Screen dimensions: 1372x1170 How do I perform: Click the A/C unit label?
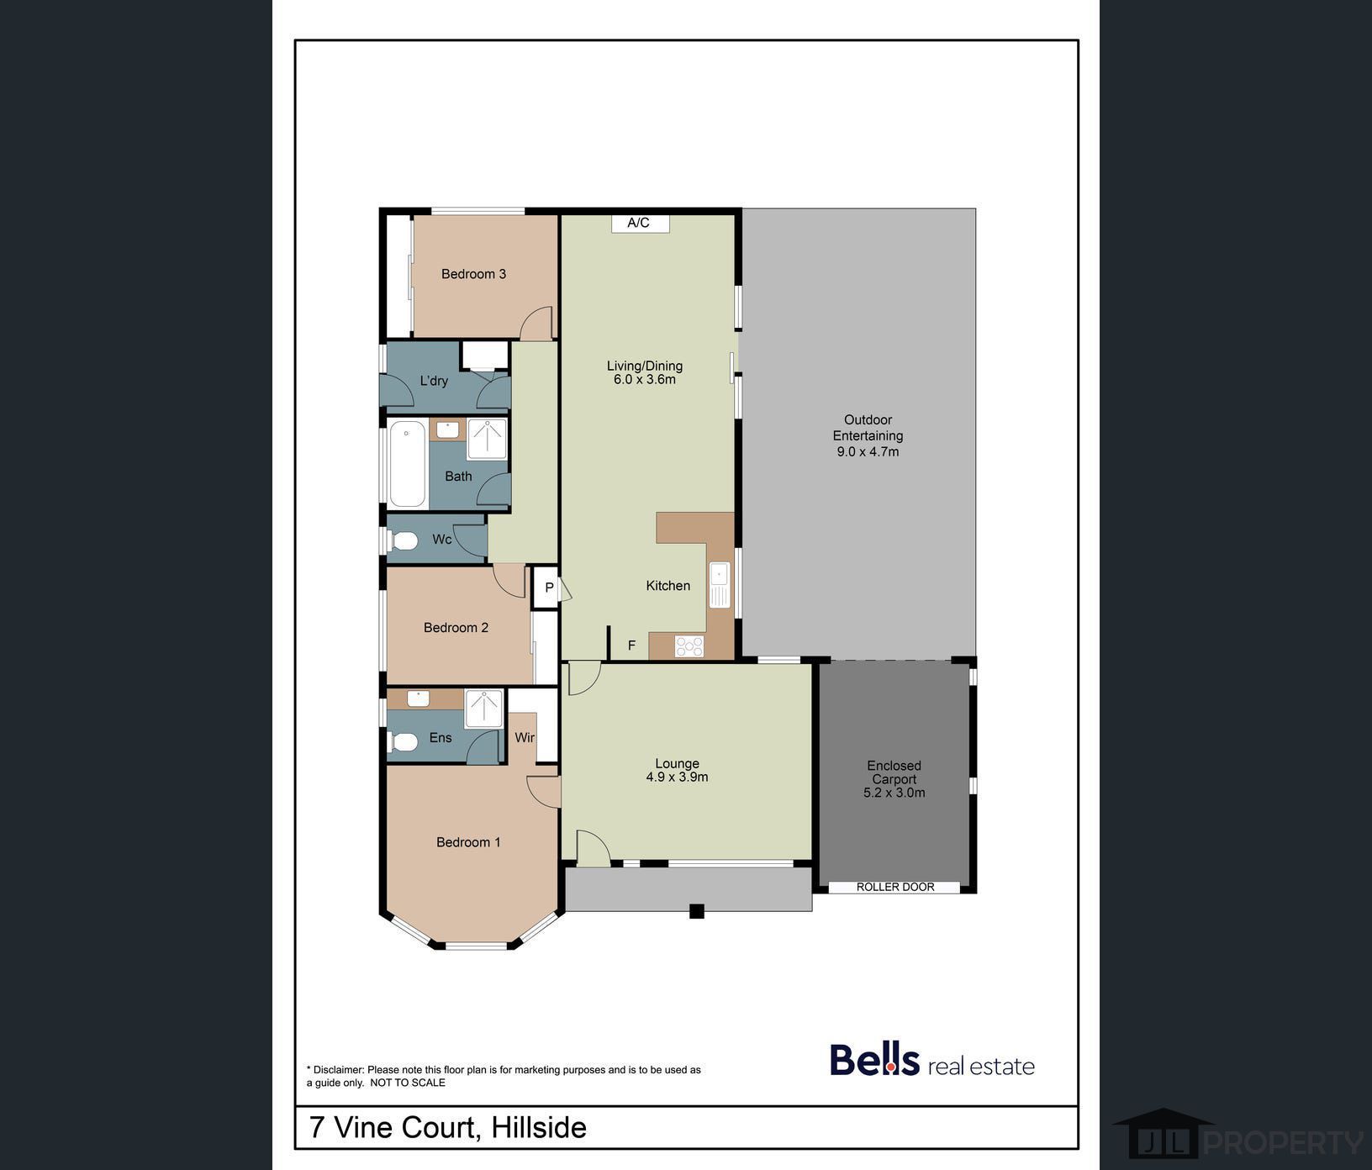[x=638, y=223]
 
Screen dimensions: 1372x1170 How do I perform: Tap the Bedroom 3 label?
[x=473, y=274]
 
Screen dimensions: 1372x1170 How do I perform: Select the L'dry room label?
[x=434, y=381]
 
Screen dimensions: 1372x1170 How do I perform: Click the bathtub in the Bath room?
[x=408, y=464]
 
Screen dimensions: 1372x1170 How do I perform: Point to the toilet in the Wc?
[x=404, y=540]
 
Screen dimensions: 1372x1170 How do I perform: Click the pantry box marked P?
[x=547, y=588]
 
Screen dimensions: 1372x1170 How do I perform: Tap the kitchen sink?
[x=720, y=585]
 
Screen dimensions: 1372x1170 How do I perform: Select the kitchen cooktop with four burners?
[x=689, y=646]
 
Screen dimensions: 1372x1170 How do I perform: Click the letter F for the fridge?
[x=631, y=646]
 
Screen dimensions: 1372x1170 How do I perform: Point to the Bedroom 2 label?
[x=456, y=628]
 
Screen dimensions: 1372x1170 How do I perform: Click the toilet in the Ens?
[x=404, y=742]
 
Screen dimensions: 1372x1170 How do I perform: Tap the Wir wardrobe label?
[x=525, y=737]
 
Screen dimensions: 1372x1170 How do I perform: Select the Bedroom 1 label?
[x=468, y=842]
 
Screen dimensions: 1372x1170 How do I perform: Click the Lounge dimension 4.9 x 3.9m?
[x=677, y=777]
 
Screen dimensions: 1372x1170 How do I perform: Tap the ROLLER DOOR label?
[x=895, y=887]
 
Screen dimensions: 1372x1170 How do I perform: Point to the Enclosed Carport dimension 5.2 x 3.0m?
[x=894, y=793]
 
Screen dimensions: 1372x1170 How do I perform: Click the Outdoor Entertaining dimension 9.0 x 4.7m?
[x=868, y=451]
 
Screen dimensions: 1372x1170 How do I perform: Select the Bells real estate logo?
[x=932, y=1060]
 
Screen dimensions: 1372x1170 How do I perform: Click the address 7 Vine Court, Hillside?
[x=448, y=1127]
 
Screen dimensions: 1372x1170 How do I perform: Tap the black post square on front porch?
[x=696, y=910]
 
